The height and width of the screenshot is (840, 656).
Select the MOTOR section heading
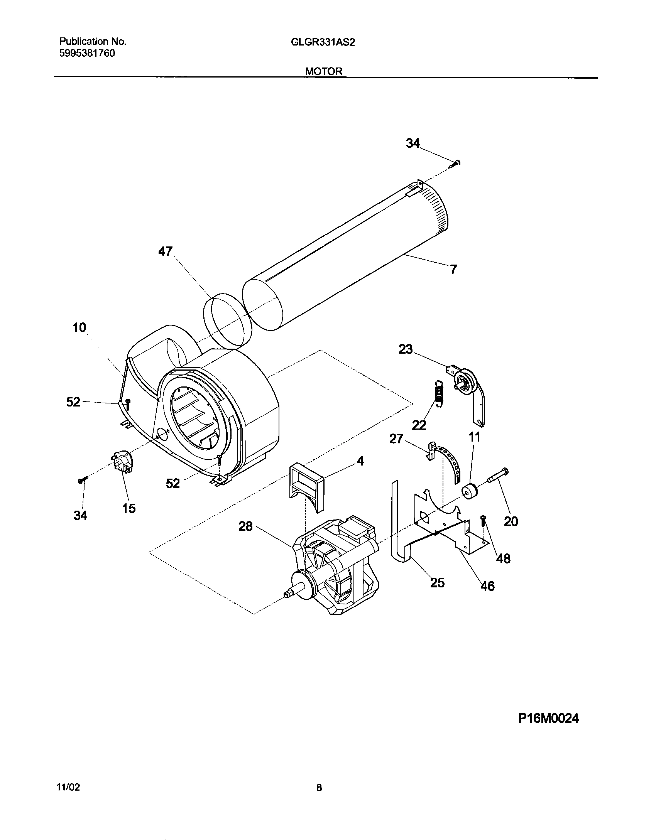coord(324,71)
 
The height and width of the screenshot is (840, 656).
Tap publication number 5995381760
coord(87,54)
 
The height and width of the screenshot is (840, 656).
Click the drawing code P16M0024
coord(548,718)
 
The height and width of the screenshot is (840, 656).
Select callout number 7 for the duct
coord(453,269)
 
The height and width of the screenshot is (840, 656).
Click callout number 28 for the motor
coord(245,526)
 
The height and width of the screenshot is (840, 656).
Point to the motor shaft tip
coord(287,595)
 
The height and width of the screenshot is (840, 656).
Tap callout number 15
coord(129,508)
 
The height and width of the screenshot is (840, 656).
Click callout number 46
coord(488,586)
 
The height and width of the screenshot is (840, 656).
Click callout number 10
coord(79,328)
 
